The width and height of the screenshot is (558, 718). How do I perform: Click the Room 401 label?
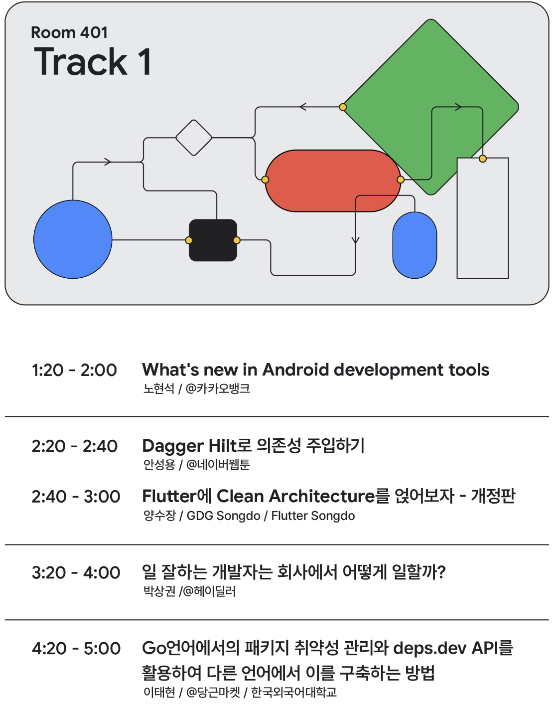tap(69, 33)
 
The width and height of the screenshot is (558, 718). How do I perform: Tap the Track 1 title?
tap(93, 61)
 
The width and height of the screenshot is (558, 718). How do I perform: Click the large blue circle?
tap(73, 239)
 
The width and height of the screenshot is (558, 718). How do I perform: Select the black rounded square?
tap(213, 240)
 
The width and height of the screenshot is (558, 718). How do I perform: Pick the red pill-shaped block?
tap(333, 180)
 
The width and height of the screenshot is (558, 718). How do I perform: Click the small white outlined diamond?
tap(194, 138)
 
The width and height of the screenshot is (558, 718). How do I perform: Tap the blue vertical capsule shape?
tap(415, 245)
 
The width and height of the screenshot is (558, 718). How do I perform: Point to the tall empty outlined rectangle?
tap(483, 218)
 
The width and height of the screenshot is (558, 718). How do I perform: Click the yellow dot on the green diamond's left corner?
tap(343, 107)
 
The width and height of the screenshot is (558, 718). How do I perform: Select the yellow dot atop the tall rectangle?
tap(483, 159)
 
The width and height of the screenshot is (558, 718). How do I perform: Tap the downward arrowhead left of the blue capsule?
tap(355, 240)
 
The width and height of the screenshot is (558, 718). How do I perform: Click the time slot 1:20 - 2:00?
tap(74, 370)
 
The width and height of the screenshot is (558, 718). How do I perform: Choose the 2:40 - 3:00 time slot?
tap(76, 497)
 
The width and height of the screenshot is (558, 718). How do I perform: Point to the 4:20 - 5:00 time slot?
tap(76, 648)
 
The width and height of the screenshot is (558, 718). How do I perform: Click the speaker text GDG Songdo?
tap(224, 516)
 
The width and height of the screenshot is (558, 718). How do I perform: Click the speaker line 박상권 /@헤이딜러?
tap(189, 591)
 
